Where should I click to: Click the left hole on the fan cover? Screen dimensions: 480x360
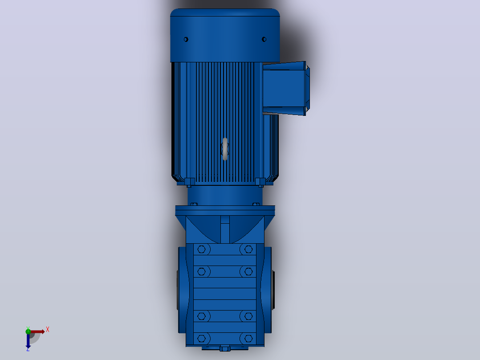click(186, 39)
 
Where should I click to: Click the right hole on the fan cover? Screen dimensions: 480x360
click(264, 39)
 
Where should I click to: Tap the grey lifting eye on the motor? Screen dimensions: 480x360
click(225, 149)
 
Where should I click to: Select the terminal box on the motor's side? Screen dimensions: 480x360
click(286, 88)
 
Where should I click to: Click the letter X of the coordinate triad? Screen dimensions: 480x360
click(48, 330)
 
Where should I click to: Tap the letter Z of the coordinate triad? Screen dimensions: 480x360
click(28, 349)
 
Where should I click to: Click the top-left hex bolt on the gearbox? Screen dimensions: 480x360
click(201, 250)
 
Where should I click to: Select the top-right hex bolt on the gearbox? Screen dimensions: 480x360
click(248, 250)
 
